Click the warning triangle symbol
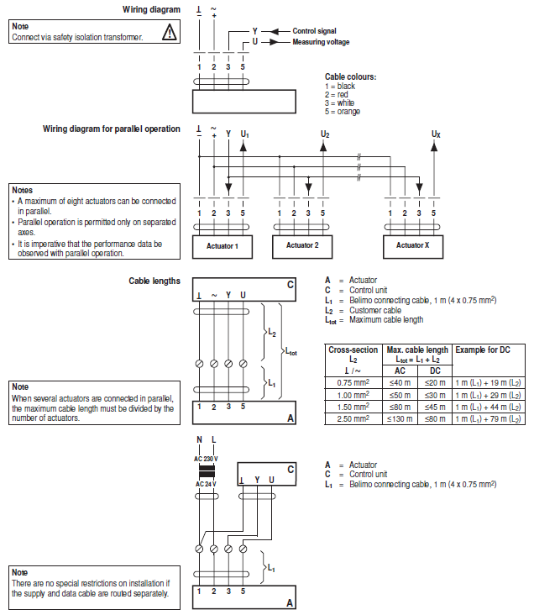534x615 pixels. (x=170, y=33)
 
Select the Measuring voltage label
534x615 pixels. (x=321, y=41)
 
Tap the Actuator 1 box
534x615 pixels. (x=221, y=245)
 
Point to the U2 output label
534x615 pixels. (x=325, y=134)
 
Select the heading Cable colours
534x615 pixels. (x=350, y=76)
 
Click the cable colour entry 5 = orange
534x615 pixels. (x=343, y=112)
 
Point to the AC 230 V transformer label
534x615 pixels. (x=206, y=457)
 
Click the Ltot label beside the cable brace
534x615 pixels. (x=291, y=352)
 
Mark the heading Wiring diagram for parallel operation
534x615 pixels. (x=112, y=129)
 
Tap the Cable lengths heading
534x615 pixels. (x=154, y=281)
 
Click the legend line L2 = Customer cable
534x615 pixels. (x=364, y=310)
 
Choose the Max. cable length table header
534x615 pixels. (x=416, y=349)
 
